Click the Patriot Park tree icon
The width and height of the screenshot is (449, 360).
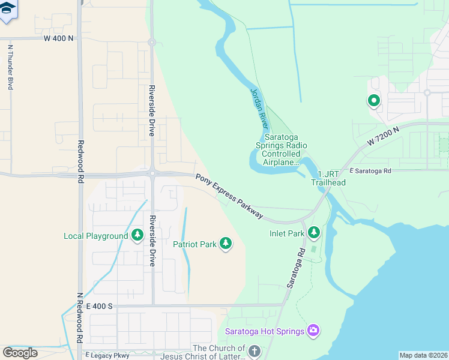[x=226, y=244]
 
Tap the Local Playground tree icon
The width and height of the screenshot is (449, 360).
[x=137, y=235]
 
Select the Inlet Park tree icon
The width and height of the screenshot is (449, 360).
[x=313, y=233]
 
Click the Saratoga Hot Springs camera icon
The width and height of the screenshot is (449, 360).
[x=313, y=331]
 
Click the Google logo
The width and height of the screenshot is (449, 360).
[x=20, y=353]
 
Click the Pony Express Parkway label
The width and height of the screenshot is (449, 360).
[x=229, y=196]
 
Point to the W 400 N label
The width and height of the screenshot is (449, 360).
[x=58, y=38]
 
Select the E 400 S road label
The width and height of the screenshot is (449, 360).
[x=100, y=306]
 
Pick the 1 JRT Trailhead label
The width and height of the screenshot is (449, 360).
[x=328, y=178]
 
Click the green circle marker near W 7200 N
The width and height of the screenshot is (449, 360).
[x=374, y=101]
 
